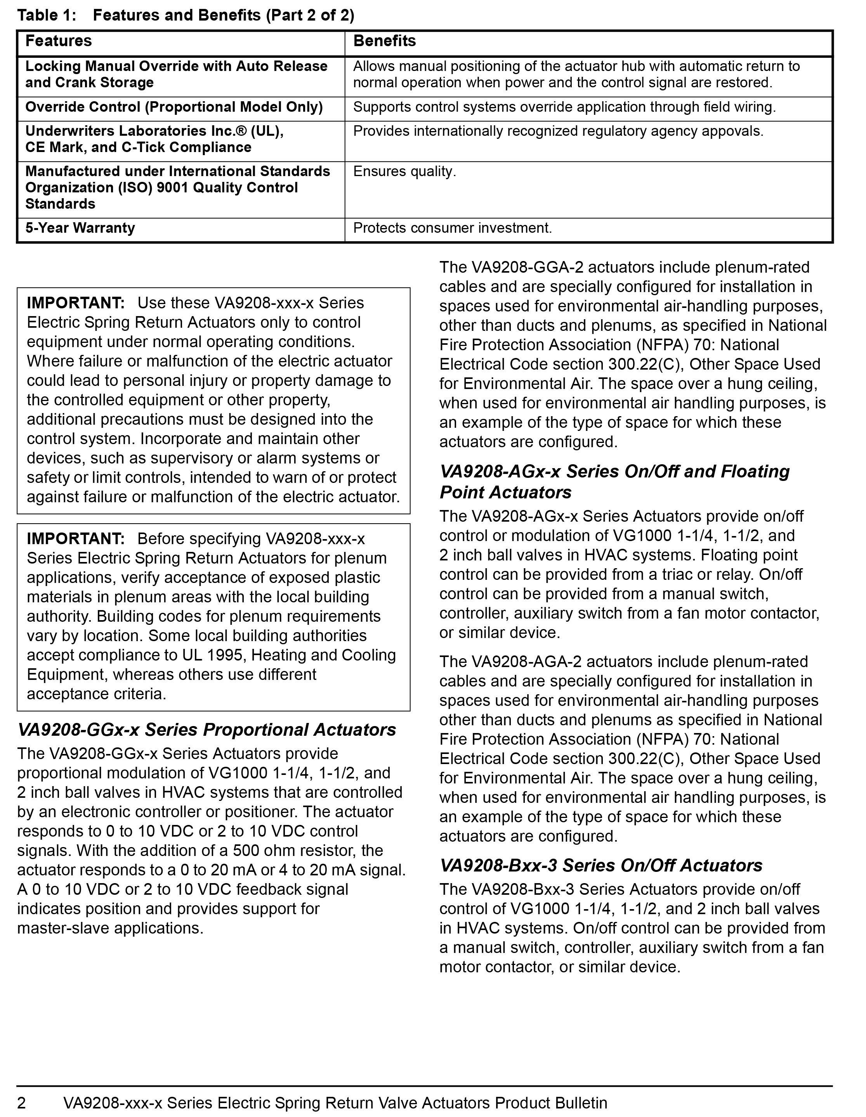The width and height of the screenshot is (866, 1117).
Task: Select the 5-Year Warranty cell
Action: pos(80,228)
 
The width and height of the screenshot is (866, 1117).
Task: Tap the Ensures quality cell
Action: pos(404,172)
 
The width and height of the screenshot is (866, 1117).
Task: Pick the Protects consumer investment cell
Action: pos(453,228)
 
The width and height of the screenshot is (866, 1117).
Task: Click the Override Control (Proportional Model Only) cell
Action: pos(174,107)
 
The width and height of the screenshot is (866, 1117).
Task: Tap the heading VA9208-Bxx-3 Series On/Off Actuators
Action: pos(601,865)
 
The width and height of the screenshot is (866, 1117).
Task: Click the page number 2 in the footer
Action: pos(21,1103)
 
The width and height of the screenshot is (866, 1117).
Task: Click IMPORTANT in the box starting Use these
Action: pos(76,303)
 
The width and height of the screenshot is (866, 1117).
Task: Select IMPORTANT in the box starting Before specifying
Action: pos(76,539)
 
